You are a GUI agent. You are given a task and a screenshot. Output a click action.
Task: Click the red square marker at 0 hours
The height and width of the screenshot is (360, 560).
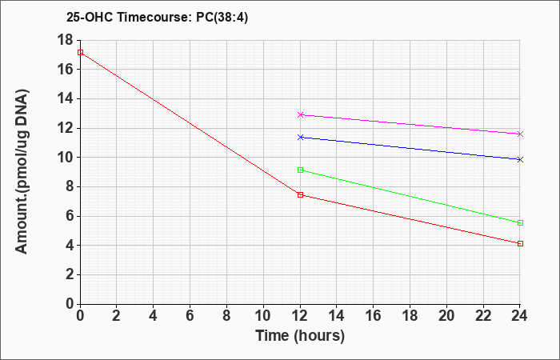pos(80,52)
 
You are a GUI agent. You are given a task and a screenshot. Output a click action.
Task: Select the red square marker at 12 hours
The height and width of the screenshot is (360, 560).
pos(300,194)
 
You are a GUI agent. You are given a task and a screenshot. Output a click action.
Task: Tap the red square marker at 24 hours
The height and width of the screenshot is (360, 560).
pos(520,243)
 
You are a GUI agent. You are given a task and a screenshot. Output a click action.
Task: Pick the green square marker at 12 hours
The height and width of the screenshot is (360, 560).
pos(300,170)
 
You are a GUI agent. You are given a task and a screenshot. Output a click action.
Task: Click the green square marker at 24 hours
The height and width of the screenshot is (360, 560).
pos(520,223)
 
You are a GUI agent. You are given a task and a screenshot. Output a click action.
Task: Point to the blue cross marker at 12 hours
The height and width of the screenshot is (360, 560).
pos(300,137)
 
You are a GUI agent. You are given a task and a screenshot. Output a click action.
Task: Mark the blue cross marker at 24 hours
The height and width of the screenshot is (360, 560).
pos(520,160)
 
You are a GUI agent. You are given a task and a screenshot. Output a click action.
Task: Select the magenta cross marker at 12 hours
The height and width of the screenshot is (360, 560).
pos(300,114)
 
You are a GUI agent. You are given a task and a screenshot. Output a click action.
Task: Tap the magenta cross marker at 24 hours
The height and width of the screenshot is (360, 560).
pos(520,134)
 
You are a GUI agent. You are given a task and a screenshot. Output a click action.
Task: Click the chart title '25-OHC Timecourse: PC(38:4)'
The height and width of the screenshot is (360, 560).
pos(157,18)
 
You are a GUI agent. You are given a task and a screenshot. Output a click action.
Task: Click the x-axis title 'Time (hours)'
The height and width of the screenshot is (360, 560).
pos(300,336)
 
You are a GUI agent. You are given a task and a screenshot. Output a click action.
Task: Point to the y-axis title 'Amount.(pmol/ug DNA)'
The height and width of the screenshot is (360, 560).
pos(22,171)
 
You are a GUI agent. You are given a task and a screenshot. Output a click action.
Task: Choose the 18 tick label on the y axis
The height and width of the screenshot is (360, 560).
pos(65,40)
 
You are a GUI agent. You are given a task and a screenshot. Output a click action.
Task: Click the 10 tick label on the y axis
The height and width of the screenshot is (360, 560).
pos(65,158)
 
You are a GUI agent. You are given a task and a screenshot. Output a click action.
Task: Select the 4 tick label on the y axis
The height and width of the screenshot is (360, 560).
pos(69,246)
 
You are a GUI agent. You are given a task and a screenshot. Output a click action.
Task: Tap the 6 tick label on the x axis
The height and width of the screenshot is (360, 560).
pos(190,316)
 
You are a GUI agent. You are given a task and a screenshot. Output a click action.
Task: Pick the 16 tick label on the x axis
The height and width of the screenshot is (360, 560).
pos(374,316)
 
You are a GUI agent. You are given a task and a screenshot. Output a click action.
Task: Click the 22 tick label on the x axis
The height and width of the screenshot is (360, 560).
pos(483,316)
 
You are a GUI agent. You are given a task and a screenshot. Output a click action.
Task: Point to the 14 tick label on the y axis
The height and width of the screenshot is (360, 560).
pos(65,99)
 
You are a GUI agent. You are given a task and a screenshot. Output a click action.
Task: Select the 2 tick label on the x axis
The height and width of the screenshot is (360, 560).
pos(117,316)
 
